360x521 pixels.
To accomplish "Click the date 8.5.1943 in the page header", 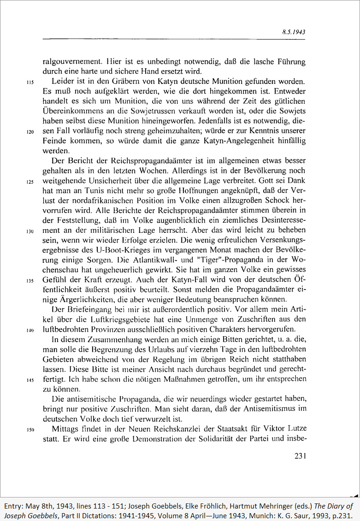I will (x=294, y=33).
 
